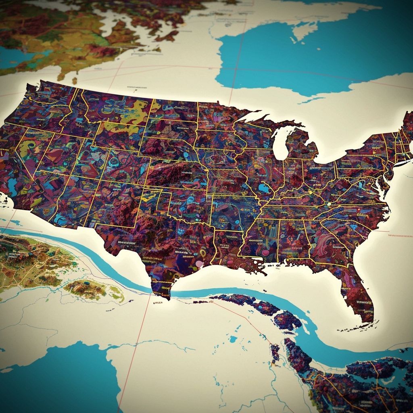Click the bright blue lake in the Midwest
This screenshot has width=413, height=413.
pyautogui.click(x=265, y=188)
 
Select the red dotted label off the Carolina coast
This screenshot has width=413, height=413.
pyautogui.click(x=399, y=234)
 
